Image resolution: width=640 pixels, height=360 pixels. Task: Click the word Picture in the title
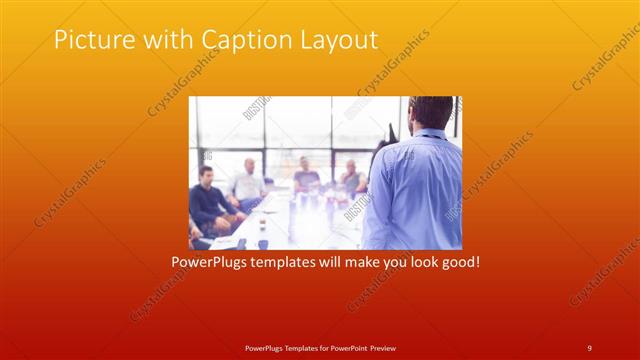[x=92, y=40]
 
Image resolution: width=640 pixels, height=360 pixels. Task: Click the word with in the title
[x=166, y=40]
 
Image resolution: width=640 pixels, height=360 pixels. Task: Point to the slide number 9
[x=589, y=347]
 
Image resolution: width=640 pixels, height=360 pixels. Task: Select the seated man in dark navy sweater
[x=208, y=200]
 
